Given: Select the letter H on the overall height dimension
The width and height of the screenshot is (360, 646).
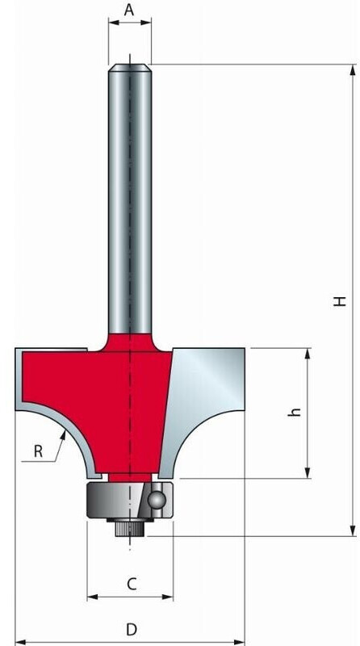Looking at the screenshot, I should [341, 300].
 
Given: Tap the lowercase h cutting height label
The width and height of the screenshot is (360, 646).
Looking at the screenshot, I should [295, 412].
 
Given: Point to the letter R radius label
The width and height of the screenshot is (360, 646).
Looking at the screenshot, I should [38, 451].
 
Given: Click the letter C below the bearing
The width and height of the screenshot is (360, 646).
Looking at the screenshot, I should [132, 584].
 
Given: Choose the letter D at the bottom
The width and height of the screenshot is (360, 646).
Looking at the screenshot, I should [130, 629].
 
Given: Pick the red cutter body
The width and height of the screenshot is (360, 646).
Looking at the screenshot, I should [105, 388].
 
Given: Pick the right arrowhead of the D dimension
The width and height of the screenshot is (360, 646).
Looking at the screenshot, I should [239, 642].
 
